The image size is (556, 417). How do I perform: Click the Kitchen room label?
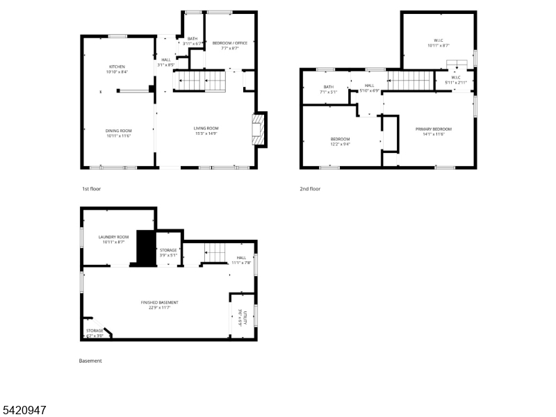click(117, 69)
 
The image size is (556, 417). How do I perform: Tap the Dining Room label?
click(118, 133)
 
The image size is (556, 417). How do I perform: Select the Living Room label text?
click(206, 130)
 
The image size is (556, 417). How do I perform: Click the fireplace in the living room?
click(259, 129)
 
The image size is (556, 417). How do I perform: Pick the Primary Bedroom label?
click(434, 131)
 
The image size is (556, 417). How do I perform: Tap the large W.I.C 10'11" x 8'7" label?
click(438, 44)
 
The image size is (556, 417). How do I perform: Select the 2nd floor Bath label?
click(328, 90)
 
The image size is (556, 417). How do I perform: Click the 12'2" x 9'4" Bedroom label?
click(340, 142)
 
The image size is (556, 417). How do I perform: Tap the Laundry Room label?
click(114, 239)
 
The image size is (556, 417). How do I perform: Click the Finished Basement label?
click(159, 304)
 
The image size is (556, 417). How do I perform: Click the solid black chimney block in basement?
click(145, 247)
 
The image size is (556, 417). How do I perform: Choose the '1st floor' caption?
click(92, 188)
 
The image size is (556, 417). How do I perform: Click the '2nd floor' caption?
click(310, 188)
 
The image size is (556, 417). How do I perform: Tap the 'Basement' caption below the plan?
click(90, 361)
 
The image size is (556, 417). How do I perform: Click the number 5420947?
click(24, 411)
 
